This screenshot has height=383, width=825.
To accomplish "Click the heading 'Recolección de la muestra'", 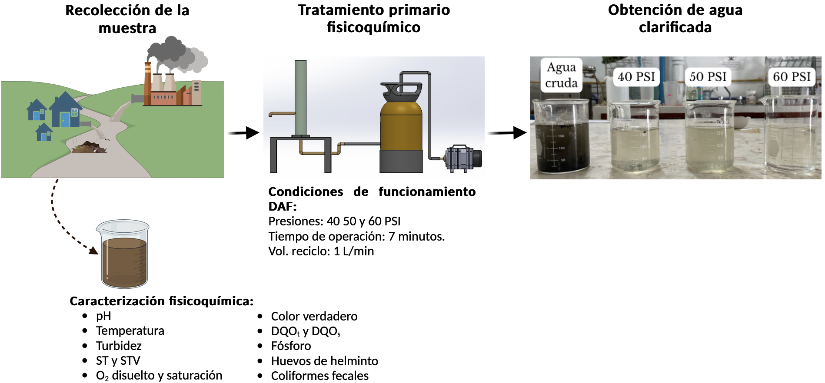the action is coord(127,19).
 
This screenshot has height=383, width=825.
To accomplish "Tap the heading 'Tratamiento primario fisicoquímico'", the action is coord(374,18).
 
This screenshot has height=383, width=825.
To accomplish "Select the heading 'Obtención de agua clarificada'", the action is coord(675,18).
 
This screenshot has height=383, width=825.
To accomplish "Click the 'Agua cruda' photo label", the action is coord(561,75).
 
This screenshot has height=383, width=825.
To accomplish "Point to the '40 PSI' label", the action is coord(636,77).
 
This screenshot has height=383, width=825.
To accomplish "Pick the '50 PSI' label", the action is coord(708,77).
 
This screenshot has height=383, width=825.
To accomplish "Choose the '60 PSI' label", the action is coord(792,77).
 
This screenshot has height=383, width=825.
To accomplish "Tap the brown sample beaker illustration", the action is coord(123,254).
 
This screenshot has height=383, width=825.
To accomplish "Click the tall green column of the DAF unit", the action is coord(300,98).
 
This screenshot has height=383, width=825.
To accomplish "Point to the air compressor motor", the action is coord(463,158).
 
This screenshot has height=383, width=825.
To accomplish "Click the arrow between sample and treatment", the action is coord(243,133).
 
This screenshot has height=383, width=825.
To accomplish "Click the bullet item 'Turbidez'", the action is coord(119,346).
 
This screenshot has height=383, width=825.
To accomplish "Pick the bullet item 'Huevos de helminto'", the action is coord(324,361).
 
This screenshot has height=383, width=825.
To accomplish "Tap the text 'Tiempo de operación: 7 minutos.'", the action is coord(356,236).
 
